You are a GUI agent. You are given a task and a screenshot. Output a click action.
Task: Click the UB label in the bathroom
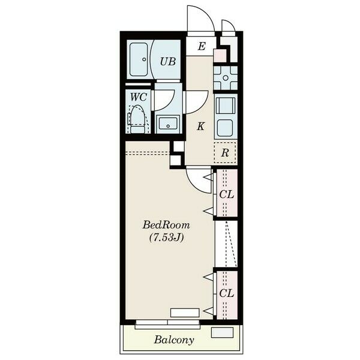tap(168, 62)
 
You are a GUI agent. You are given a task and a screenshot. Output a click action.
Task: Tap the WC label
tap(139, 97)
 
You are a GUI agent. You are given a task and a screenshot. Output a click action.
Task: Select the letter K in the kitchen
tap(200, 126)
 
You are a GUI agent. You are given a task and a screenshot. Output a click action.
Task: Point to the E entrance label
tap(202, 46)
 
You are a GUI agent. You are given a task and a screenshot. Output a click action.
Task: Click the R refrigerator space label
tap(225, 153)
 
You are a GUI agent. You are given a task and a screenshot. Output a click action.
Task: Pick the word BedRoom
tap(166, 225)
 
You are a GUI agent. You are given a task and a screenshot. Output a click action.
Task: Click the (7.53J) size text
tap(167, 238)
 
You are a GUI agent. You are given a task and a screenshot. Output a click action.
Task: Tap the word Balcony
tap(174, 340)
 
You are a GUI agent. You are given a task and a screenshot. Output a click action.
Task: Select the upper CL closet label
tap(227, 194)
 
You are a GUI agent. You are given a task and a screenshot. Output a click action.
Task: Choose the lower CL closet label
tap(227, 293)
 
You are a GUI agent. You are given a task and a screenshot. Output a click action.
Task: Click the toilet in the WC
tap(137, 119)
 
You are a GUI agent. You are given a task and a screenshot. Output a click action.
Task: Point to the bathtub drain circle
tap(144, 59)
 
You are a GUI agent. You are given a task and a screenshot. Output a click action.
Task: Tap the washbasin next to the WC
tap(168, 123)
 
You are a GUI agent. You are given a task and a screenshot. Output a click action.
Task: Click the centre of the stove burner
tap(226, 78)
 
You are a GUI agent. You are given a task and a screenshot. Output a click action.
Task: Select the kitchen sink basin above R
tap(225, 128)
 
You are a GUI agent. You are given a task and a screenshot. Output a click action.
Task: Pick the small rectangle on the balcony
tap(222, 332)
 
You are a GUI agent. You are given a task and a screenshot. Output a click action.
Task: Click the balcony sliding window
tap(167, 324)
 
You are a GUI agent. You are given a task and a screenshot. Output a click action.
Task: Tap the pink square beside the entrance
tap(220, 55)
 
